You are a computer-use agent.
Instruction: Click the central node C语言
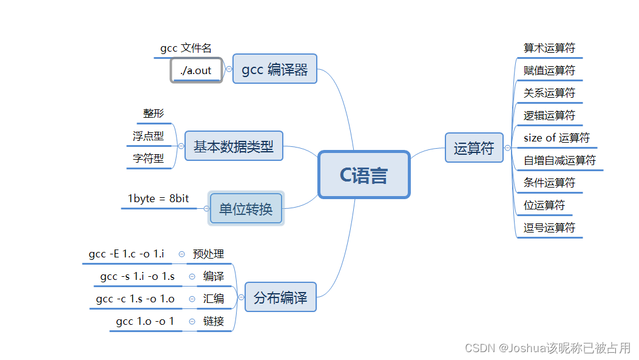pyautogui.click(x=364, y=175)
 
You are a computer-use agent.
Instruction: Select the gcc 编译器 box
pyautogui.click(x=275, y=69)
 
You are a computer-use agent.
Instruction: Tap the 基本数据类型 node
pyautogui.click(x=234, y=146)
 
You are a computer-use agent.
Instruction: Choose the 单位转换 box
pyautogui.click(x=246, y=209)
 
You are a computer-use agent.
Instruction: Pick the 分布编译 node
pyautogui.click(x=280, y=297)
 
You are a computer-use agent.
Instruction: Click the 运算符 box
pyautogui.click(x=474, y=148)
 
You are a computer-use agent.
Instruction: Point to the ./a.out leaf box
pyautogui.click(x=196, y=70)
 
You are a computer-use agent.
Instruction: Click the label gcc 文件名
pyautogui.click(x=186, y=48)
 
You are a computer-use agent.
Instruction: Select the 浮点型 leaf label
pyautogui.click(x=149, y=136)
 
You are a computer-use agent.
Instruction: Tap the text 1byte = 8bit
pyautogui.click(x=158, y=199)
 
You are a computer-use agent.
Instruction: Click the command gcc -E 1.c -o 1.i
pyautogui.click(x=126, y=254)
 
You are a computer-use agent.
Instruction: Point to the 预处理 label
pyautogui.click(x=208, y=254)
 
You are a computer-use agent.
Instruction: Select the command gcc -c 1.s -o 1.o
pyautogui.click(x=135, y=299)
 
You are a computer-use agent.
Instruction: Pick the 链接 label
pyautogui.click(x=214, y=321)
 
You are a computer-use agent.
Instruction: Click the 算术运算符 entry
pyautogui.click(x=549, y=48)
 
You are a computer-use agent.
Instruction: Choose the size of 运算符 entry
pyautogui.click(x=556, y=138)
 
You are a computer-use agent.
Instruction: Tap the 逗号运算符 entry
pyautogui.click(x=549, y=228)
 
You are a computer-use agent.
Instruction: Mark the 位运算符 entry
pyautogui.click(x=544, y=205)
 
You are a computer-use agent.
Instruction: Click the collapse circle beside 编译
pyautogui.click(x=192, y=276)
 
